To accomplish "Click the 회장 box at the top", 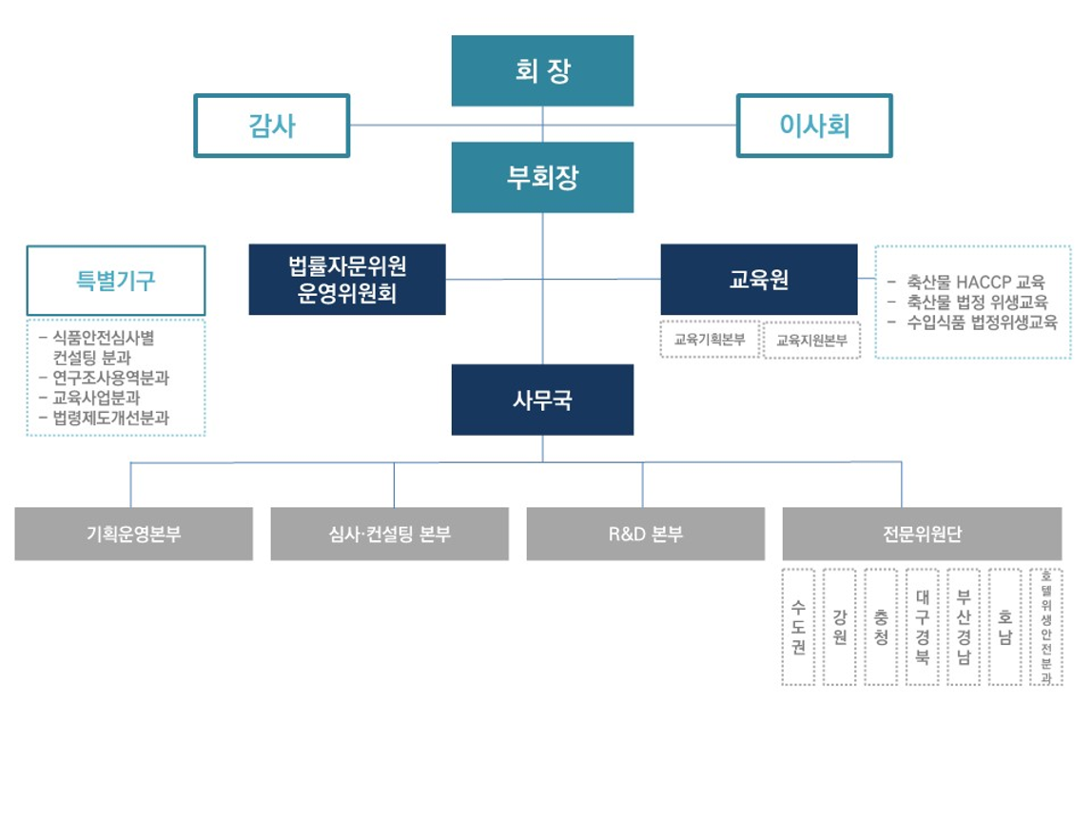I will coord(542,70).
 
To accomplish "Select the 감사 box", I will coord(272,126).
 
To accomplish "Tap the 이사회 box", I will coord(814,126).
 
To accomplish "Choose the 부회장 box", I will coord(542,177).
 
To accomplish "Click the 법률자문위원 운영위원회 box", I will coord(347,280).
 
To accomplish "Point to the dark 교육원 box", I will coord(758,280).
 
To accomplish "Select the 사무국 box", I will coord(542,400).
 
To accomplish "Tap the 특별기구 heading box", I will coord(116,281).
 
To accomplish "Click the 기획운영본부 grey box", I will coord(134,534).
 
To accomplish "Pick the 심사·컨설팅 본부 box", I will coord(389,534).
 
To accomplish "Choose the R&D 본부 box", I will coord(645,534).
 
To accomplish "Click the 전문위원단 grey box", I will coord(921,534).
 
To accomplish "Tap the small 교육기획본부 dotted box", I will coord(710,340).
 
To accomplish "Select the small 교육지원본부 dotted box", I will coord(811,340).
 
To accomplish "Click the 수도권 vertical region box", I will coord(798,627).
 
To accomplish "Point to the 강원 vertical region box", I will coord(839,627).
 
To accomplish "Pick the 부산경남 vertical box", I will coord(964,627).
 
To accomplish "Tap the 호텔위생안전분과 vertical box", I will coord(1045,627).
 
